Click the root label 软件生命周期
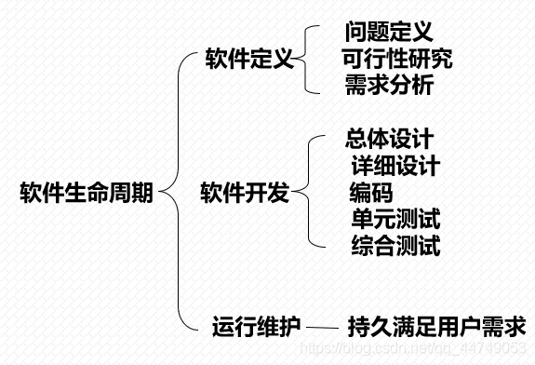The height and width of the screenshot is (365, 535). click(x=87, y=194)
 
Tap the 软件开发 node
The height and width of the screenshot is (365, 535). click(x=245, y=194)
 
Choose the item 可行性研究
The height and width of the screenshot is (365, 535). click(x=397, y=61)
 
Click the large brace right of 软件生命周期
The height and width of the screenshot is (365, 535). click(x=176, y=194)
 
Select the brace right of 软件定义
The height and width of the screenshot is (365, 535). click(x=307, y=61)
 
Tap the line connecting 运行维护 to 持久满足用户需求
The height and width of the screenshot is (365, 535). click(x=322, y=328)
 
